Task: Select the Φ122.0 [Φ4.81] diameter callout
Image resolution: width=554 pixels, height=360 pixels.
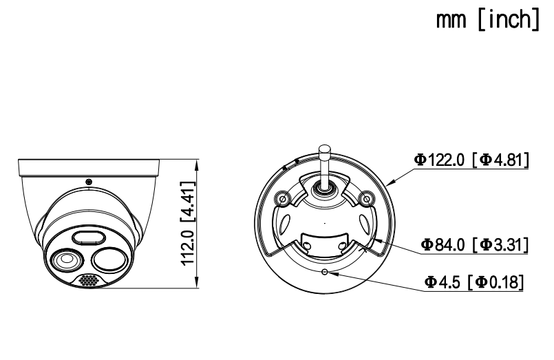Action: click(471, 160)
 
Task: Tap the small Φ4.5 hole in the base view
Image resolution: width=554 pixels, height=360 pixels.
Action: click(325, 271)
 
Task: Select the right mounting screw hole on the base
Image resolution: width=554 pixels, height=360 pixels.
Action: click(367, 200)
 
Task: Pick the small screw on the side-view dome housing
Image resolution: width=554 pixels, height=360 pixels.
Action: click(89, 181)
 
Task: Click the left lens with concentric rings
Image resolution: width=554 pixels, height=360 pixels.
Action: click(67, 261)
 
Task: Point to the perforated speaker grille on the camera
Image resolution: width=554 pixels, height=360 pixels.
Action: click(87, 281)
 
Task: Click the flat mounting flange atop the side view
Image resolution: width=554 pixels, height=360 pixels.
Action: click(89, 165)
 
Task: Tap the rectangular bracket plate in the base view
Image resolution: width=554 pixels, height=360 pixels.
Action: click(323, 245)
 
